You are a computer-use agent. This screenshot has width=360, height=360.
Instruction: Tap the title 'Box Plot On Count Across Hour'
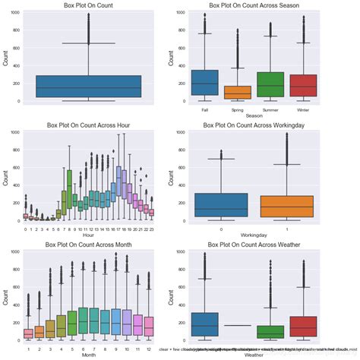tap(88, 124)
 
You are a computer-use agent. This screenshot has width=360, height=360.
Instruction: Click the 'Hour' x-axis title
tap(88, 235)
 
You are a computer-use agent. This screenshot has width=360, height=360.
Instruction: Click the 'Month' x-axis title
tap(88, 354)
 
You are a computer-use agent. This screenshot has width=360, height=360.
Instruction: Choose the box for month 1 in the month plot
tap(28, 333)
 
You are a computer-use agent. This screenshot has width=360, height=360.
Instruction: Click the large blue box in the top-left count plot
tap(88, 86)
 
